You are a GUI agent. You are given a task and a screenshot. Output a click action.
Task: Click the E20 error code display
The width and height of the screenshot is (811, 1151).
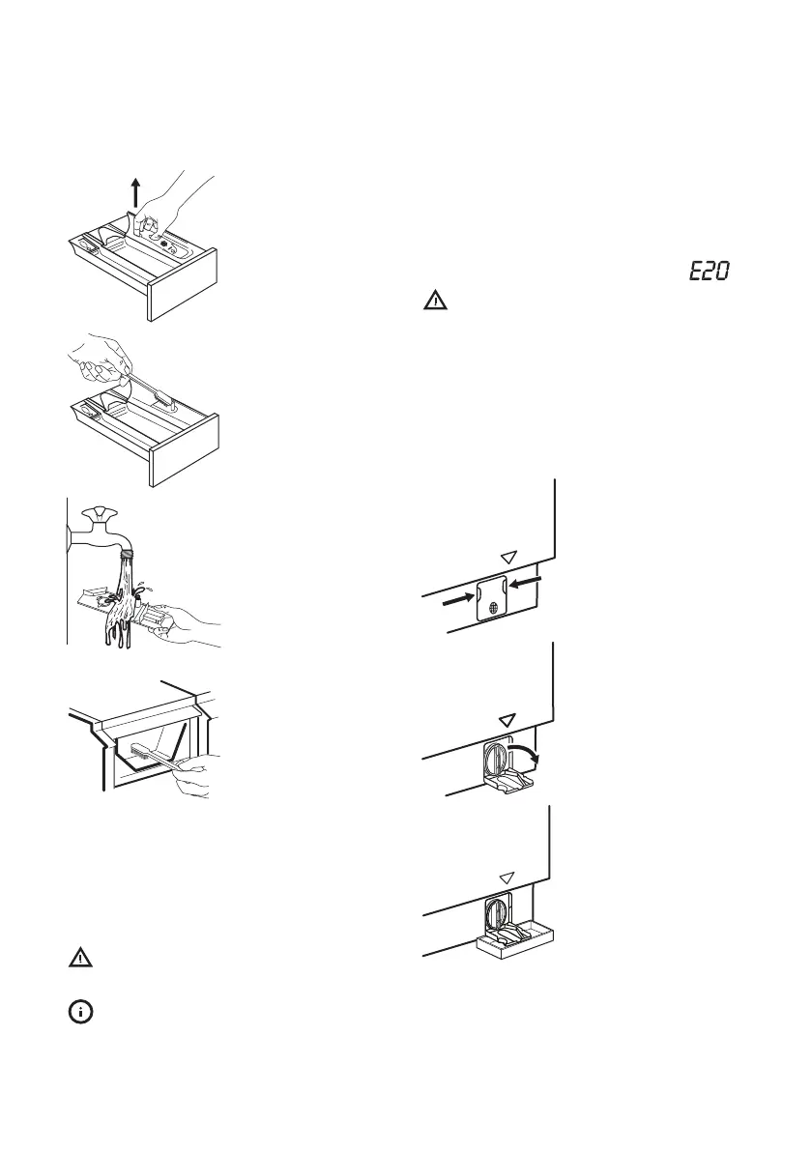[x=710, y=274]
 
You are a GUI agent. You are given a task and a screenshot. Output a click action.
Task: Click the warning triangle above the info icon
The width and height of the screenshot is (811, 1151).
[x=80, y=959]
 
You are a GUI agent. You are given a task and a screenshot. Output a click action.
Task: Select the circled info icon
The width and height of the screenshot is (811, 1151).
[x=80, y=1012]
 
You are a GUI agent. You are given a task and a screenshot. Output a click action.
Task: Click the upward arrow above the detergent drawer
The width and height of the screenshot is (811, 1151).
[x=136, y=194]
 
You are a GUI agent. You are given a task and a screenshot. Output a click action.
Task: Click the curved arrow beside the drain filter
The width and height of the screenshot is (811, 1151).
[x=529, y=751]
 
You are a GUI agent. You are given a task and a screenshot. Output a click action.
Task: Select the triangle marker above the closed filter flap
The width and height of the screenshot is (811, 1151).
[x=508, y=557]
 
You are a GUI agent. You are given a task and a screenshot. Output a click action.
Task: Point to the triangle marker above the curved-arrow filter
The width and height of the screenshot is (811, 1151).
[x=504, y=720]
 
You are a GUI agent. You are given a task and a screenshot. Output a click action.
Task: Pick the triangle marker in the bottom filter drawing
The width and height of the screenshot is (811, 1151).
[x=504, y=878]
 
